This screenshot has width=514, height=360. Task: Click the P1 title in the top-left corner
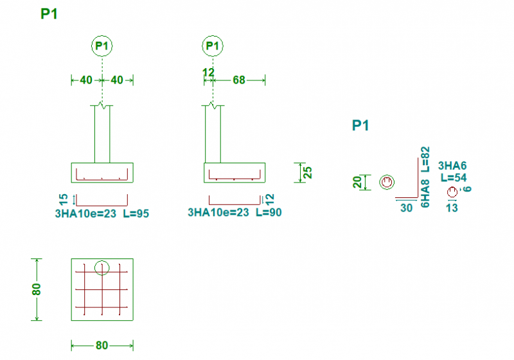49,14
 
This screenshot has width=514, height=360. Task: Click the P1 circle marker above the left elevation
102,46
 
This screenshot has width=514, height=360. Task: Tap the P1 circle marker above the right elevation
213,46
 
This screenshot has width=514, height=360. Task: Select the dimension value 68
238,80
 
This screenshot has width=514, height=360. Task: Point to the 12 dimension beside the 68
208,72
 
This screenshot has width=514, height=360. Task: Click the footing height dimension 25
308,172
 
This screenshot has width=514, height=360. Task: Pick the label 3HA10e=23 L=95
102,213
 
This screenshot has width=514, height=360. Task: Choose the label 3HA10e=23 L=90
235,212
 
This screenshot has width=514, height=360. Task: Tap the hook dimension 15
63,199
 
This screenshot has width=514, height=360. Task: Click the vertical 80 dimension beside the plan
37,289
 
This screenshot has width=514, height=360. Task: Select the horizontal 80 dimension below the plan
102,345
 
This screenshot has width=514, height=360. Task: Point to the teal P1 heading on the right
360,125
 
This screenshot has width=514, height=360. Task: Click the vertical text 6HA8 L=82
425,177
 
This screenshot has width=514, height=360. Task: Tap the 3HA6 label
452,166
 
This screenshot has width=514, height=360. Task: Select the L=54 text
454,177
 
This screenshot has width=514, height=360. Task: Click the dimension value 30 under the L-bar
406,208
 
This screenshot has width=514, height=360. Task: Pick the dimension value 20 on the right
357,182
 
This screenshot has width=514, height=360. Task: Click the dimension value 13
452,208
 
